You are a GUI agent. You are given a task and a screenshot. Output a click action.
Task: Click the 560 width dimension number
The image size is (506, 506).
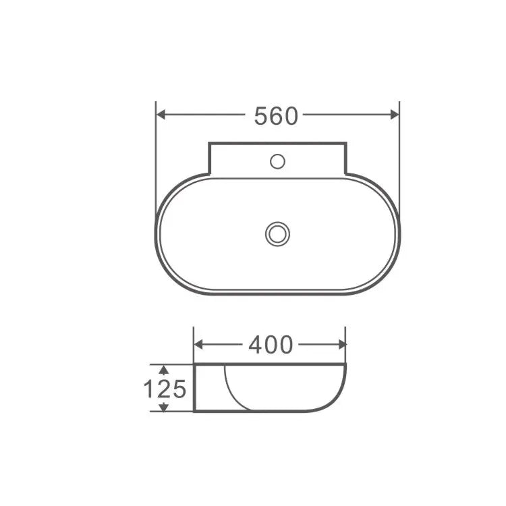[276, 116]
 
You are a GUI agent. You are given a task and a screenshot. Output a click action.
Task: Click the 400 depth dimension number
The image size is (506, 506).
[271, 345]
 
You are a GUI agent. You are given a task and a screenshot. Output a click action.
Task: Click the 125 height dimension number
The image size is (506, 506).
[164, 389]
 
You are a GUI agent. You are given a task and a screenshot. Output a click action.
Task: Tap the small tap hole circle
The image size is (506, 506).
[277, 161]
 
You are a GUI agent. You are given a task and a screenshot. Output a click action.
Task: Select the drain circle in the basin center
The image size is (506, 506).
[277, 234]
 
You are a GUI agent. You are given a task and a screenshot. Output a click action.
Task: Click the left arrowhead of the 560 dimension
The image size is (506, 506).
[161, 115]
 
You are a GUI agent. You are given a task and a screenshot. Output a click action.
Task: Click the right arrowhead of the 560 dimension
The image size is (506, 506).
[395, 115]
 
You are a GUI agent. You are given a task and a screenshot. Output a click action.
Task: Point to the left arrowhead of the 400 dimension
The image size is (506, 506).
[198, 344]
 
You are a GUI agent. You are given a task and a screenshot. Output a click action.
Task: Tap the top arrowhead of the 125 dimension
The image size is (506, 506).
[163, 368]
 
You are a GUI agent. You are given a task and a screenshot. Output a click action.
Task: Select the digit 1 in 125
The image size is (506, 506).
[149, 389]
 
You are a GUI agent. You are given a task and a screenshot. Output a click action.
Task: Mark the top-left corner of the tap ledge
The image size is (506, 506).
[209, 143]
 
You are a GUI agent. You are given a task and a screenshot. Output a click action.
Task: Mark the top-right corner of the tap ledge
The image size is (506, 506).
[346, 143]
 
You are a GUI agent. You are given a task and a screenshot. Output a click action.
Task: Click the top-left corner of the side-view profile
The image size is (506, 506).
[194, 365]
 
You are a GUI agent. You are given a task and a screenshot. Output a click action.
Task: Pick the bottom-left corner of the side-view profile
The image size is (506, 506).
[194, 411]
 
